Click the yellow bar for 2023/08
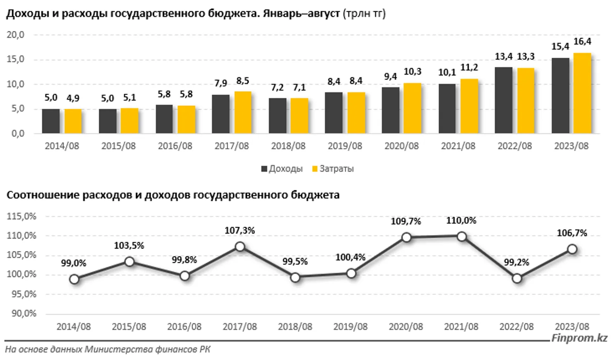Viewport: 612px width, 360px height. (x=582, y=93)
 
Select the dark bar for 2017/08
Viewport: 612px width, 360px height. (x=221, y=114)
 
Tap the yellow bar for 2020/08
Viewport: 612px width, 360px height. (x=412, y=108)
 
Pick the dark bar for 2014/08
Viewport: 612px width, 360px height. (x=51, y=121)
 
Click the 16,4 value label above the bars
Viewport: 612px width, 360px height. (x=582, y=42)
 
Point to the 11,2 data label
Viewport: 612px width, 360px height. (x=469, y=68)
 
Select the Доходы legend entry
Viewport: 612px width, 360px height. (x=282, y=169)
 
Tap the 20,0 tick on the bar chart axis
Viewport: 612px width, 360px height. (x=15, y=35)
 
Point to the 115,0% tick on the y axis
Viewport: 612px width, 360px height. (x=21, y=216)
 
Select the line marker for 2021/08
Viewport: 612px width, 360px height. (x=462, y=237)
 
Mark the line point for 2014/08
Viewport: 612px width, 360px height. (x=74, y=279)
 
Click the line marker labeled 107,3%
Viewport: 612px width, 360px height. (x=240, y=247)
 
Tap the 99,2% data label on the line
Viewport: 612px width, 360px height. (x=516, y=263)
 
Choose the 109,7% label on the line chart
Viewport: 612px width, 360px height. (x=406, y=222)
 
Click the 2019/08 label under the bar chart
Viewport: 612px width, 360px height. (x=345, y=146)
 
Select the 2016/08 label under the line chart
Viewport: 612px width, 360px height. (x=184, y=327)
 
